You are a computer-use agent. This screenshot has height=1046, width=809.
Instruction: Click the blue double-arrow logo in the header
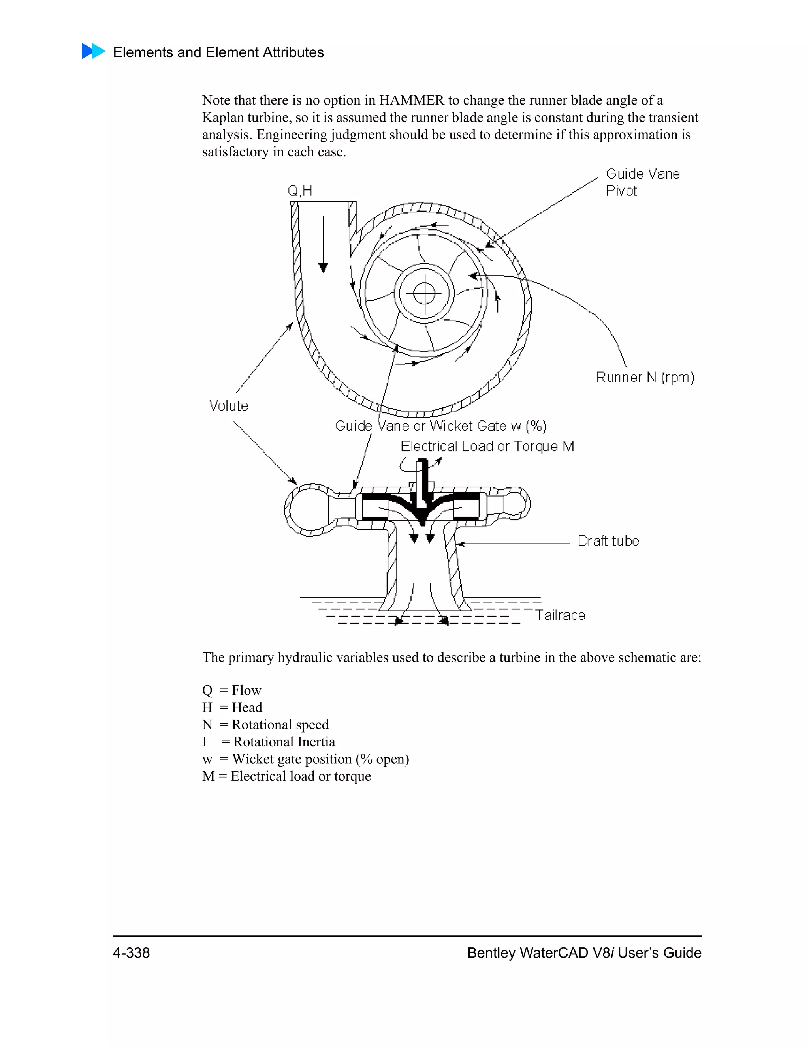94,51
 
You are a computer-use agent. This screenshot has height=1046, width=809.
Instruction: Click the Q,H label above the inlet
300,191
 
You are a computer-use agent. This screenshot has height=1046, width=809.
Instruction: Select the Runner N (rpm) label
645,377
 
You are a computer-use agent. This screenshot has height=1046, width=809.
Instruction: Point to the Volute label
229,406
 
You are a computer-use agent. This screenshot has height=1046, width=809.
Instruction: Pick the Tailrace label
560,615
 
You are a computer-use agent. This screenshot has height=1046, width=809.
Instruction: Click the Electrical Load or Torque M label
487,446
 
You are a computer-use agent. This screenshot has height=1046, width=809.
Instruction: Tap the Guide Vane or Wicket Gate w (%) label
440,426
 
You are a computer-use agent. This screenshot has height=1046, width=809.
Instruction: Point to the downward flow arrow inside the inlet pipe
323,244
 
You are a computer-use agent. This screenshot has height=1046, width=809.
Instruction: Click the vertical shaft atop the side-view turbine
422,481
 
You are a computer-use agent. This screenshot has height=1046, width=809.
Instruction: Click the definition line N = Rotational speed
265,725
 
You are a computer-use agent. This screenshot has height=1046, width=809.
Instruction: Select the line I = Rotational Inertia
268,742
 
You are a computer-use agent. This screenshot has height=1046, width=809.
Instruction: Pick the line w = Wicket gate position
305,759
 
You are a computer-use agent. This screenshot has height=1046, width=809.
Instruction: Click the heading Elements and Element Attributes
218,52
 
